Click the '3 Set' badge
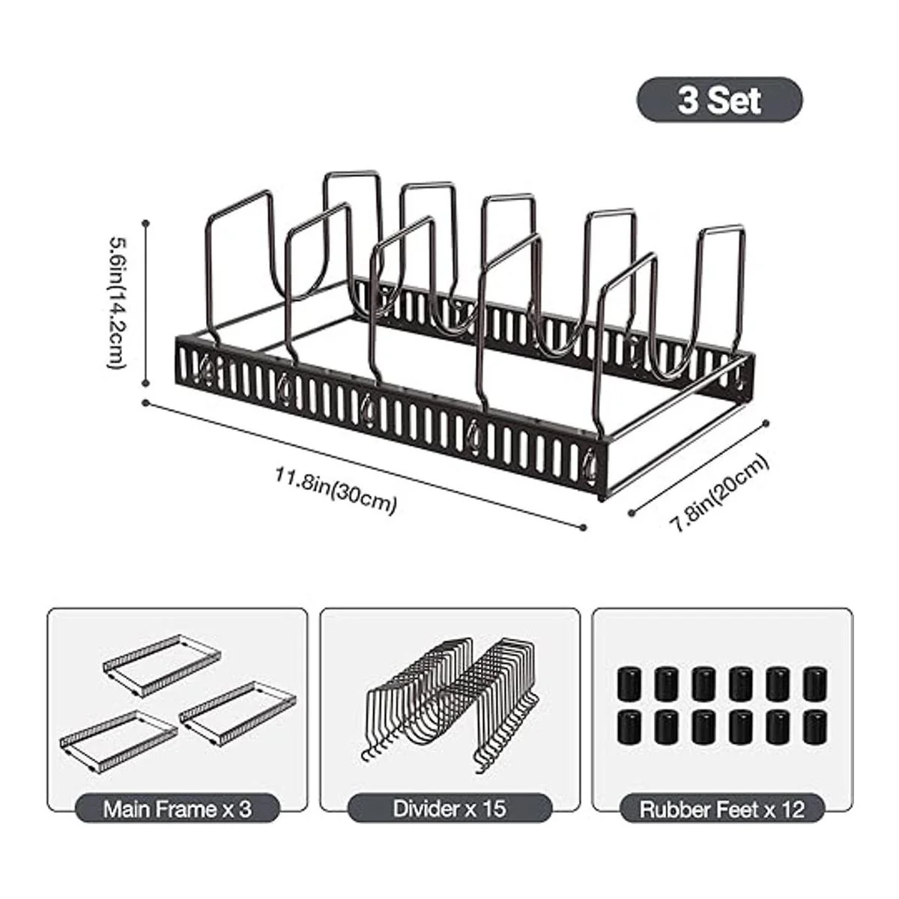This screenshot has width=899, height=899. [x=719, y=100]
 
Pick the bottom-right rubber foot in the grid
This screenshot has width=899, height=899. [x=815, y=727]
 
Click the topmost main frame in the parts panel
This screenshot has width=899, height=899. [x=162, y=666]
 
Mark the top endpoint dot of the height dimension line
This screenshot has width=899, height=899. [x=147, y=223]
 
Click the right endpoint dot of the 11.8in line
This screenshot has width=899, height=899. [x=583, y=527]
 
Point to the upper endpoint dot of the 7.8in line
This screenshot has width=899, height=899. [x=766, y=423]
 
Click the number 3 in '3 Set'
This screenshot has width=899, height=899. [x=686, y=100]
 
